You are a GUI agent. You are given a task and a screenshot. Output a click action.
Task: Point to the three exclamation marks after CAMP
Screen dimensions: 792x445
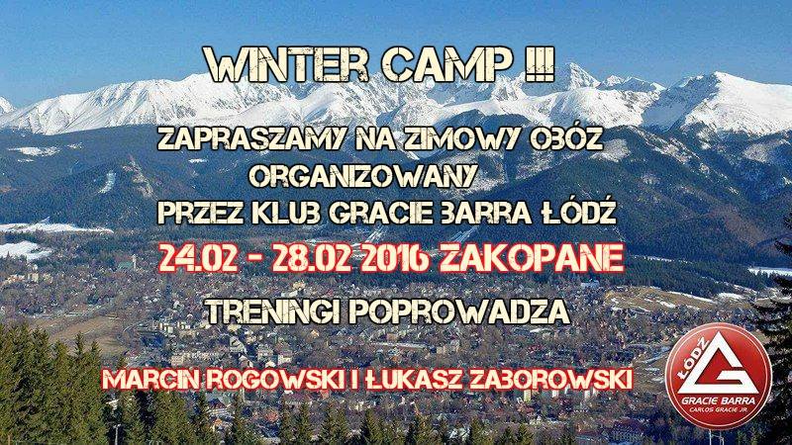[x=540, y=64]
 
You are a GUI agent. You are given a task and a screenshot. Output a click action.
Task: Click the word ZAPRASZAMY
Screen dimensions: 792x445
[x=251, y=138]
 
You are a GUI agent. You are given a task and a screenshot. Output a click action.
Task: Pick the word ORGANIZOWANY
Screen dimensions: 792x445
[x=362, y=177]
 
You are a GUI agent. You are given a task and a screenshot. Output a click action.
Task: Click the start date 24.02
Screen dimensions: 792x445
[x=198, y=259]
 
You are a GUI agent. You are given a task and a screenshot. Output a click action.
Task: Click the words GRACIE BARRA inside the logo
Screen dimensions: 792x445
[x=719, y=400]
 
